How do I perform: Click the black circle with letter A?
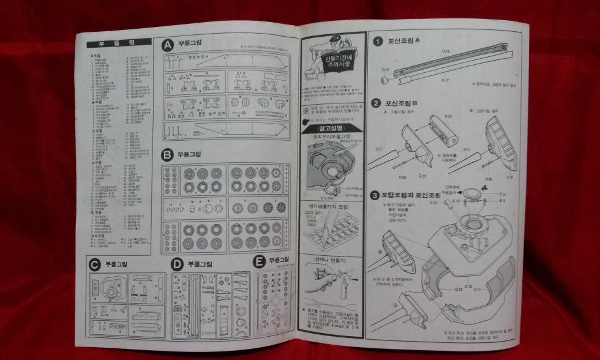click(x=167, y=45)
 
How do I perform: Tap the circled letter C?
click(x=94, y=264)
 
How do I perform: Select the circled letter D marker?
click(x=177, y=264)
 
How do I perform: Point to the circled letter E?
click(x=258, y=261)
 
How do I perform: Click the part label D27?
click(x=386, y=70)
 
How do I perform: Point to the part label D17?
click(x=446, y=80)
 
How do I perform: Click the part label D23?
click(x=447, y=116)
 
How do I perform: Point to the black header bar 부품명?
click(x=119, y=43)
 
